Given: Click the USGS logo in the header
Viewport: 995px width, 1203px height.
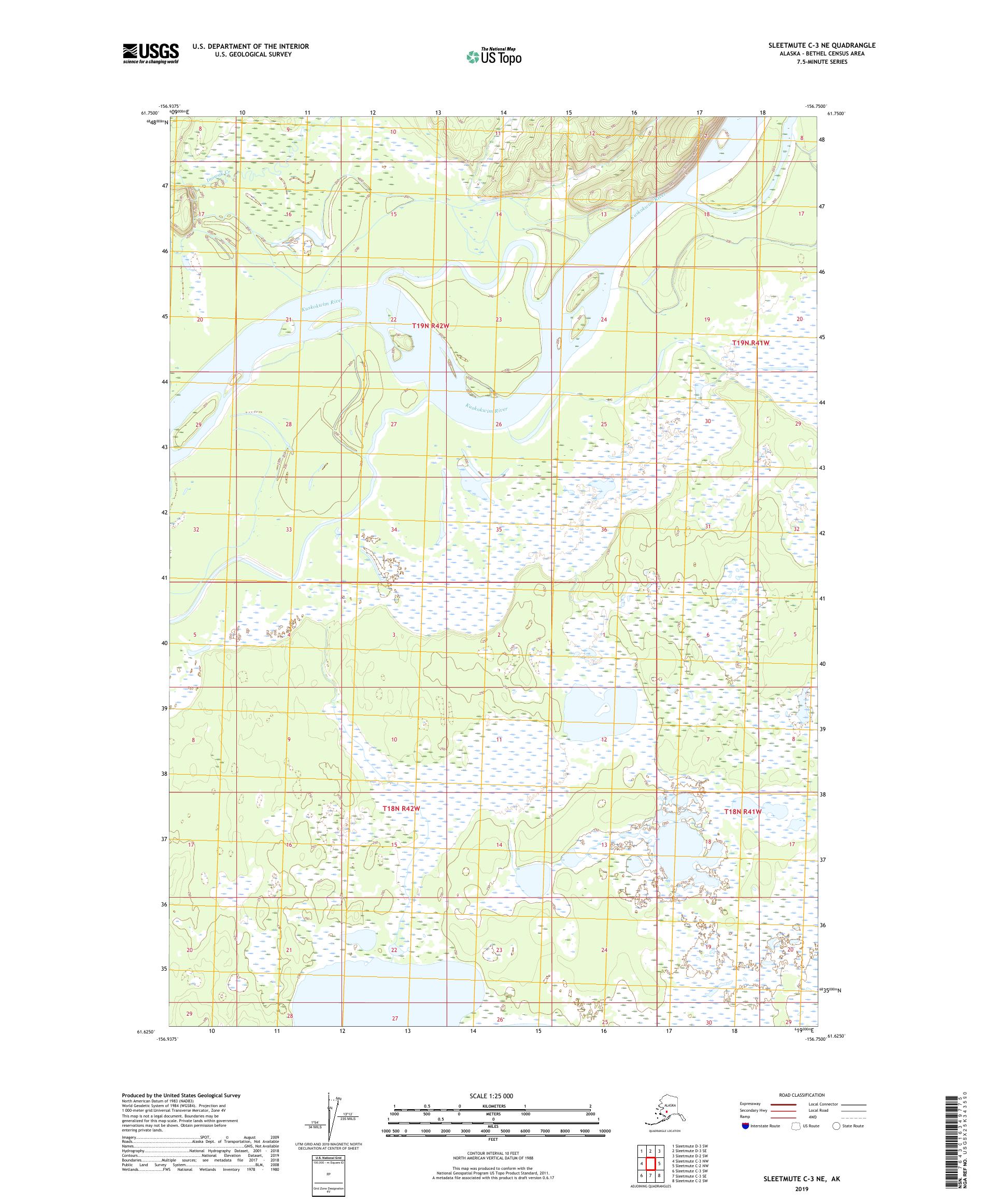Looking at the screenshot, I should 150,54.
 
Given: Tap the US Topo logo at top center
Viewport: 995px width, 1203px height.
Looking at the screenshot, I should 493,56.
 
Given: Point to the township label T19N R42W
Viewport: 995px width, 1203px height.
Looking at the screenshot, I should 431,326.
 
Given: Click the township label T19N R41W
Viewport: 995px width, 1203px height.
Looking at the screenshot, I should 750,343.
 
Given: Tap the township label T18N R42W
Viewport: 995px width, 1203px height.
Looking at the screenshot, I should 401,808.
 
